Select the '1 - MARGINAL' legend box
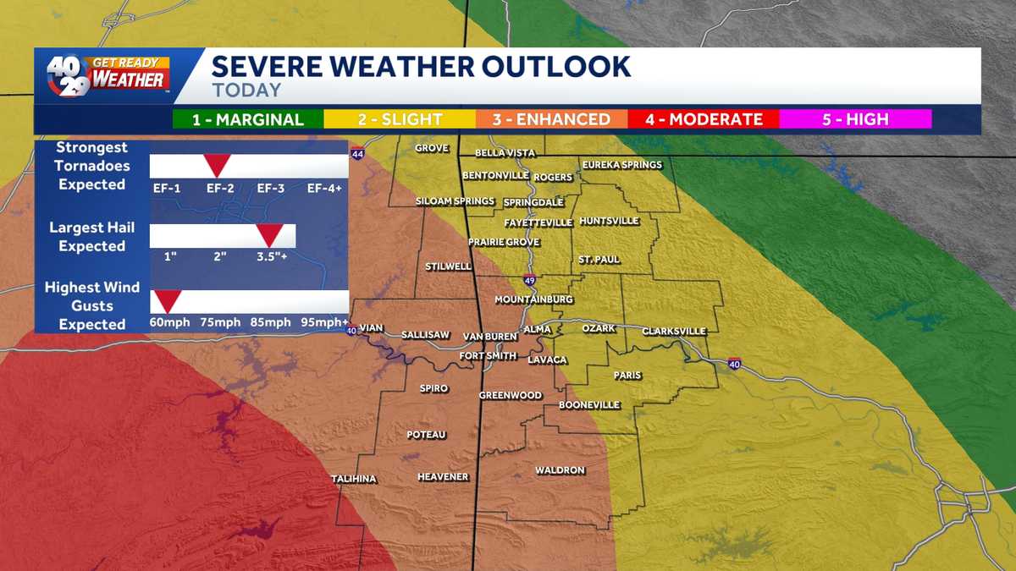pyautogui.click(x=247, y=119)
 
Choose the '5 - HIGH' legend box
pyautogui.click(x=855, y=119)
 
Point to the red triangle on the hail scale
pyautogui.click(x=270, y=234)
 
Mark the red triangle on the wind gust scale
pyautogui.click(x=166, y=300)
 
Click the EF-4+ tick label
pyautogui.click(x=324, y=188)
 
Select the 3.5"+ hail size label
pyautogui.click(x=272, y=255)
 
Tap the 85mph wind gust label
pyautogui.click(x=270, y=322)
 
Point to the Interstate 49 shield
pyautogui.click(x=529, y=280)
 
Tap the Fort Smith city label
pyautogui.click(x=487, y=356)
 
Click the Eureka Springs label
pyautogui.click(x=621, y=164)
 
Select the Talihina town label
pyautogui.click(x=354, y=479)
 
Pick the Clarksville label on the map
pyautogui.click(x=674, y=331)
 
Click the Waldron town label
pyautogui.click(x=560, y=470)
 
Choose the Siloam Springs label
pyautogui.click(x=455, y=201)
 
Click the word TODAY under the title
pyautogui.click(x=246, y=90)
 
